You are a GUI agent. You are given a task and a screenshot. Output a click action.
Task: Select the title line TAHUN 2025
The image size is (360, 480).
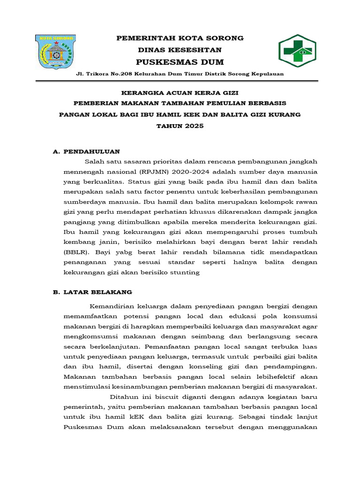click(x=180, y=127)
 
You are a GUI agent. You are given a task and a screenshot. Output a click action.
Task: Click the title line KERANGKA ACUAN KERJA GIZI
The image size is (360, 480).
click(x=180, y=93)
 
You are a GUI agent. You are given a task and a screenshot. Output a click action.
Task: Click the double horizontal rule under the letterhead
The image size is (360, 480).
click(x=180, y=81)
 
